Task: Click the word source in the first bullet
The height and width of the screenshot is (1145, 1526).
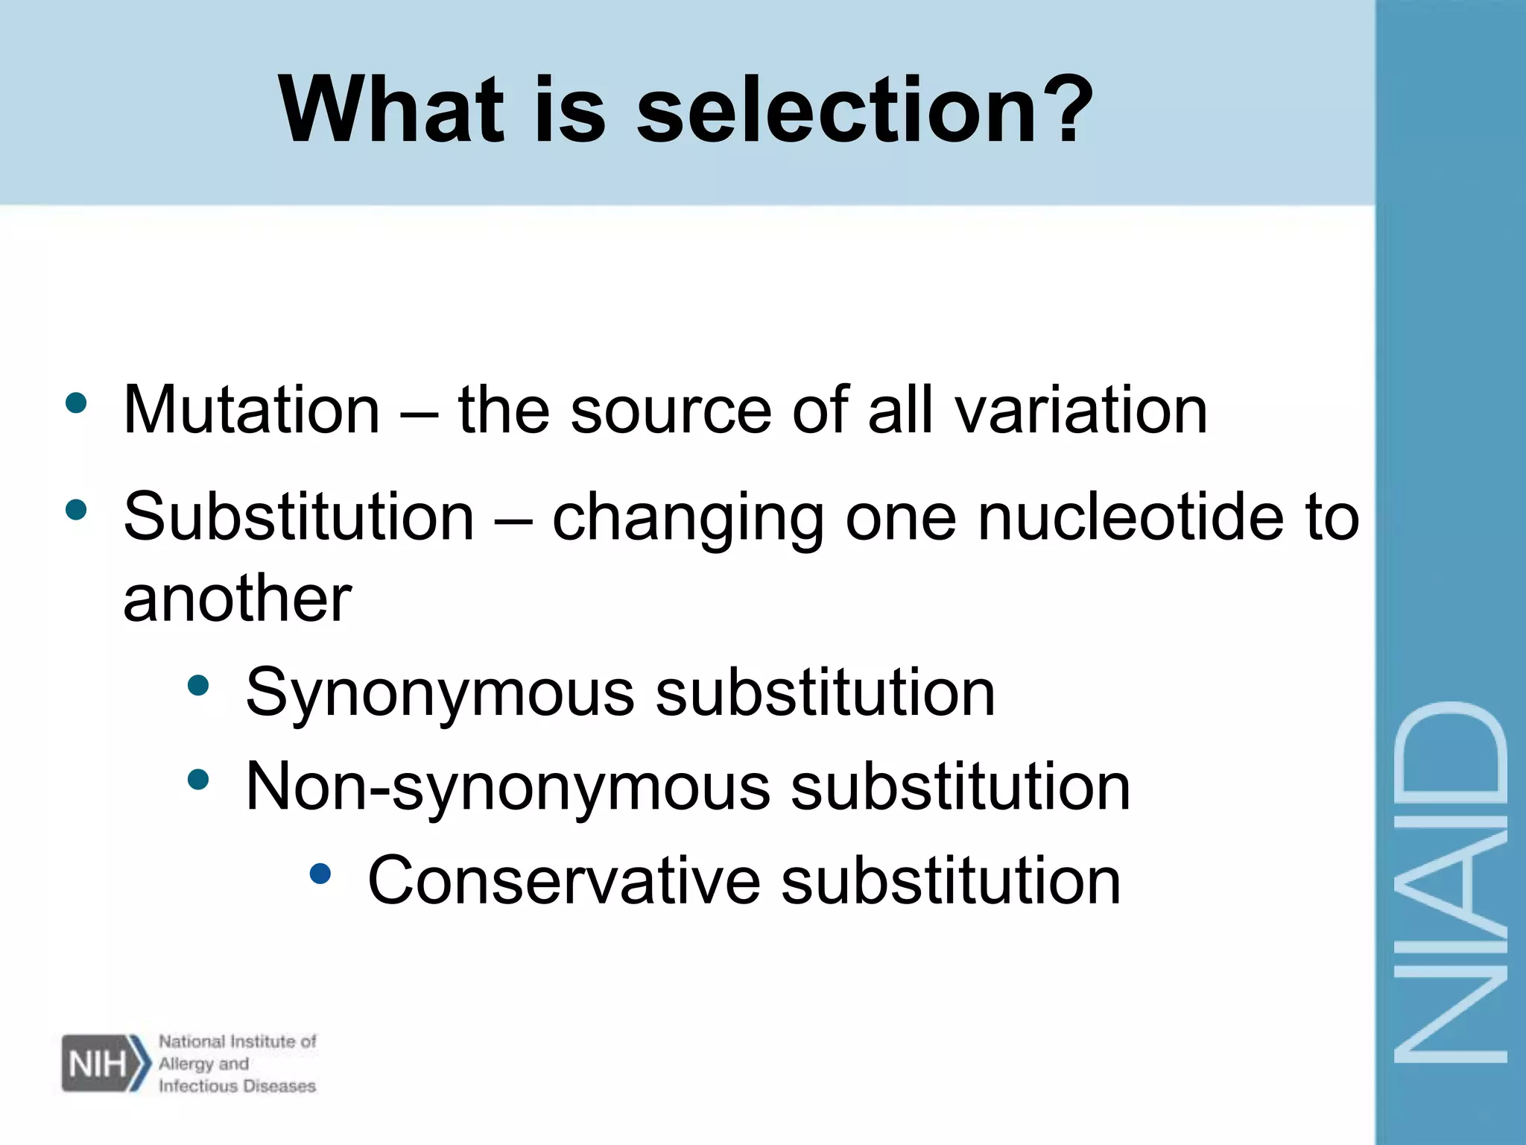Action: pyautogui.click(x=671, y=411)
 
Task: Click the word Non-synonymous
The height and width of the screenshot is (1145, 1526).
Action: pyautogui.click(x=507, y=789)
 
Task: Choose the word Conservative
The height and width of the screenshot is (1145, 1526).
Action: pyautogui.click(x=563, y=881)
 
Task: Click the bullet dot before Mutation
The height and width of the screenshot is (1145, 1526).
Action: pyautogui.click(x=76, y=403)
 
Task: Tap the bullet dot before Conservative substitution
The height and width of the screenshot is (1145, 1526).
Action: pyautogui.click(x=320, y=873)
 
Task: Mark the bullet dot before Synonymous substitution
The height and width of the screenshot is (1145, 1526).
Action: pyautogui.click(x=198, y=685)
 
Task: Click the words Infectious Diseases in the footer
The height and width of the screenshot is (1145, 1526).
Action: pyautogui.click(x=237, y=1086)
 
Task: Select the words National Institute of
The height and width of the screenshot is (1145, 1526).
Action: pyautogui.click(x=237, y=1041)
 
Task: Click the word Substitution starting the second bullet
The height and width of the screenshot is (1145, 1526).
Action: pyautogui.click(x=298, y=518)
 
